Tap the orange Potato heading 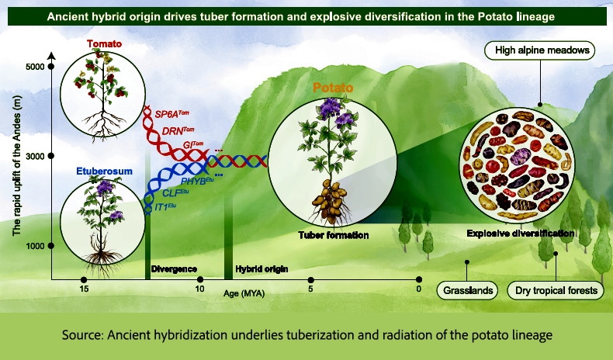pos(333,88)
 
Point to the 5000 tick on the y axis pos(51,67)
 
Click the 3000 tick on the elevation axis pos(51,156)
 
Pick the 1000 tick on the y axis pos(51,246)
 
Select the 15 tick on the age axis pos(83,280)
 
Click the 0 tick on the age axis pos(419,280)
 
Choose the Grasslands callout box pos(468,292)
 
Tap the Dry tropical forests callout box pos(556,292)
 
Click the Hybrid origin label pos(261,269)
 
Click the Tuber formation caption pos(333,234)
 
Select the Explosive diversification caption pos(521,233)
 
